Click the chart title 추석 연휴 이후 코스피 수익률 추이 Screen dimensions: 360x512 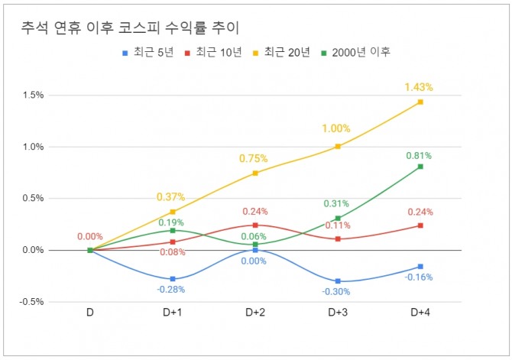click(x=130, y=28)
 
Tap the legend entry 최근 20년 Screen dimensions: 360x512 click(x=287, y=52)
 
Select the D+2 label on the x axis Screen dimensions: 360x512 click(x=255, y=313)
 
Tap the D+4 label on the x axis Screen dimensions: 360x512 click(x=420, y=313)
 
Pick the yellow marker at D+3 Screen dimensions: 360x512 click(x=338, y=146)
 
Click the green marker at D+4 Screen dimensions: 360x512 click(x=420, y=166)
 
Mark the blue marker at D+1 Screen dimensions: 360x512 click(x=173, y=279)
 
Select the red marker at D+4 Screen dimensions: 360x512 click(x=420, y=225)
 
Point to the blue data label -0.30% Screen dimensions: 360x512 click(x=337, y=291)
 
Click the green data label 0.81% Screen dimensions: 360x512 click(x=420, y=156)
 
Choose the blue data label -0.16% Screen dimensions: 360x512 click(x=420, y=277)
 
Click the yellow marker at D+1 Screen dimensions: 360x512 click(x=173, y=212)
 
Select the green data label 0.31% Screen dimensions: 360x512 click(x=337, y=204)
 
